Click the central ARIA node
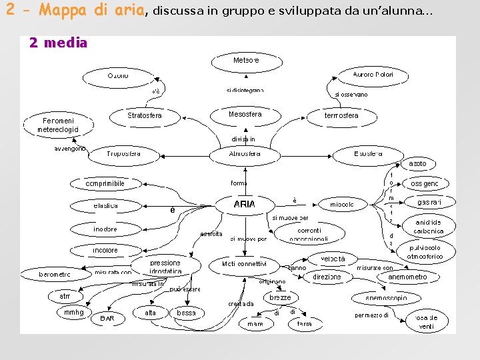244,204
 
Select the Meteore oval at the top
245,61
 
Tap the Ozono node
119,76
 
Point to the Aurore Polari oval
373,75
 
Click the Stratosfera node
145,115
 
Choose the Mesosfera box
245,115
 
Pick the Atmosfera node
245,154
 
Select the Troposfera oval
124,154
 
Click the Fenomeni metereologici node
57,125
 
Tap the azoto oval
417,164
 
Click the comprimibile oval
105,183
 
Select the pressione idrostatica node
165,267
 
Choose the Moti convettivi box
244,264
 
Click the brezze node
280,297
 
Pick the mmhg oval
74,312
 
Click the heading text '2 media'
58,43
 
